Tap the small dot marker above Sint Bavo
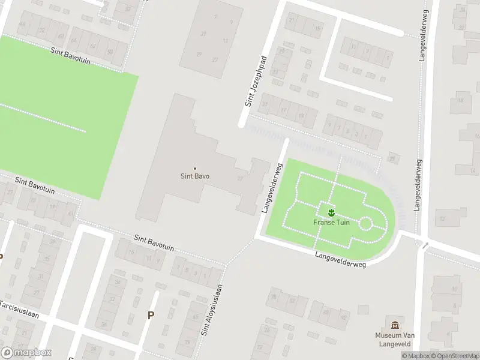point(195,169)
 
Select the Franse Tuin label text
point(331,222)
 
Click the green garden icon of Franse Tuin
point(331,212)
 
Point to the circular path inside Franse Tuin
point(365,224)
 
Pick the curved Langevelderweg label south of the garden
point(340,259)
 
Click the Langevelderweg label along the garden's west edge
point(272,188)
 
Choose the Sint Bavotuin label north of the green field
point(70,56)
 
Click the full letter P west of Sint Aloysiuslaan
point(151,315)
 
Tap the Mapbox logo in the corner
point(26,353)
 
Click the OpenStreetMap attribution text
point(454,356)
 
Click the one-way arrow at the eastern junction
point(425,245)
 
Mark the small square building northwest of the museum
point(362,309)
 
